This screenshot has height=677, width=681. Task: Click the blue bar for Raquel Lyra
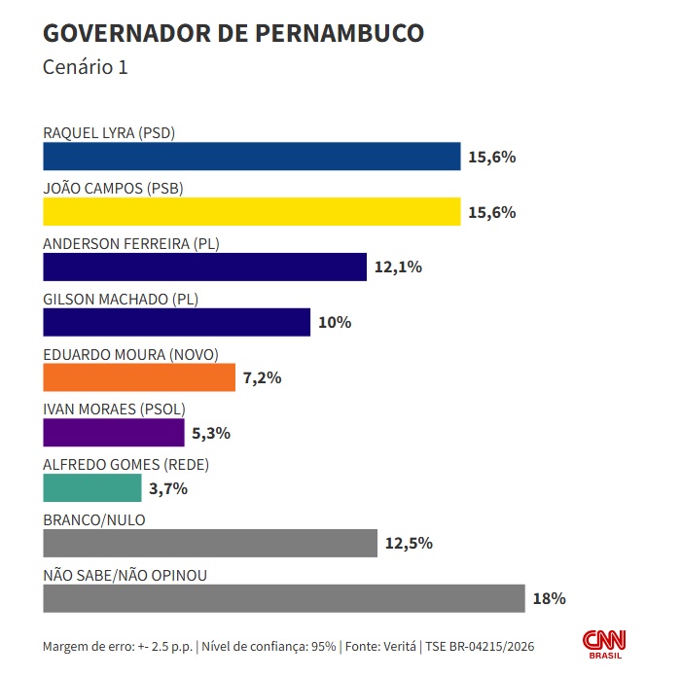coord(251,157)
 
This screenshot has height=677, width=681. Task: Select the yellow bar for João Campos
coord(251,212)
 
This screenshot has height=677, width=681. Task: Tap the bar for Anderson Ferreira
coord(204,267)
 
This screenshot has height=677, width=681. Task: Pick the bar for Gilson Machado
coord(176,322)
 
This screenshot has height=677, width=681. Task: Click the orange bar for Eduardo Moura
coord(139,377)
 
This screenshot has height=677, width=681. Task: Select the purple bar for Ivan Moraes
coord(114,433)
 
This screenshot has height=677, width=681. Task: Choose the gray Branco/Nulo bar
coord(210,543)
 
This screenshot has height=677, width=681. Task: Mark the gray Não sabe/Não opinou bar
coord(284,598)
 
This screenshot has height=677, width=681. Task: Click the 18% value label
coord(549,599)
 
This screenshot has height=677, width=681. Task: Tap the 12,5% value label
coord(409,544)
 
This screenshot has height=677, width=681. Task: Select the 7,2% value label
coord(263,377)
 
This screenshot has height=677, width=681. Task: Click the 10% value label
coord(334,322)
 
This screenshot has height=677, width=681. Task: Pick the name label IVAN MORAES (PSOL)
coord(114,410)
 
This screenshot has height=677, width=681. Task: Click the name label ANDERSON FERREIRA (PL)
coord(131,243)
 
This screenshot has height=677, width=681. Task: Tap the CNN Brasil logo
coord(604,644)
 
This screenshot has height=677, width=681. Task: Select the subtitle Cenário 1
coord(86,68)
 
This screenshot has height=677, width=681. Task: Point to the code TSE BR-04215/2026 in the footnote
coord(479,647)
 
